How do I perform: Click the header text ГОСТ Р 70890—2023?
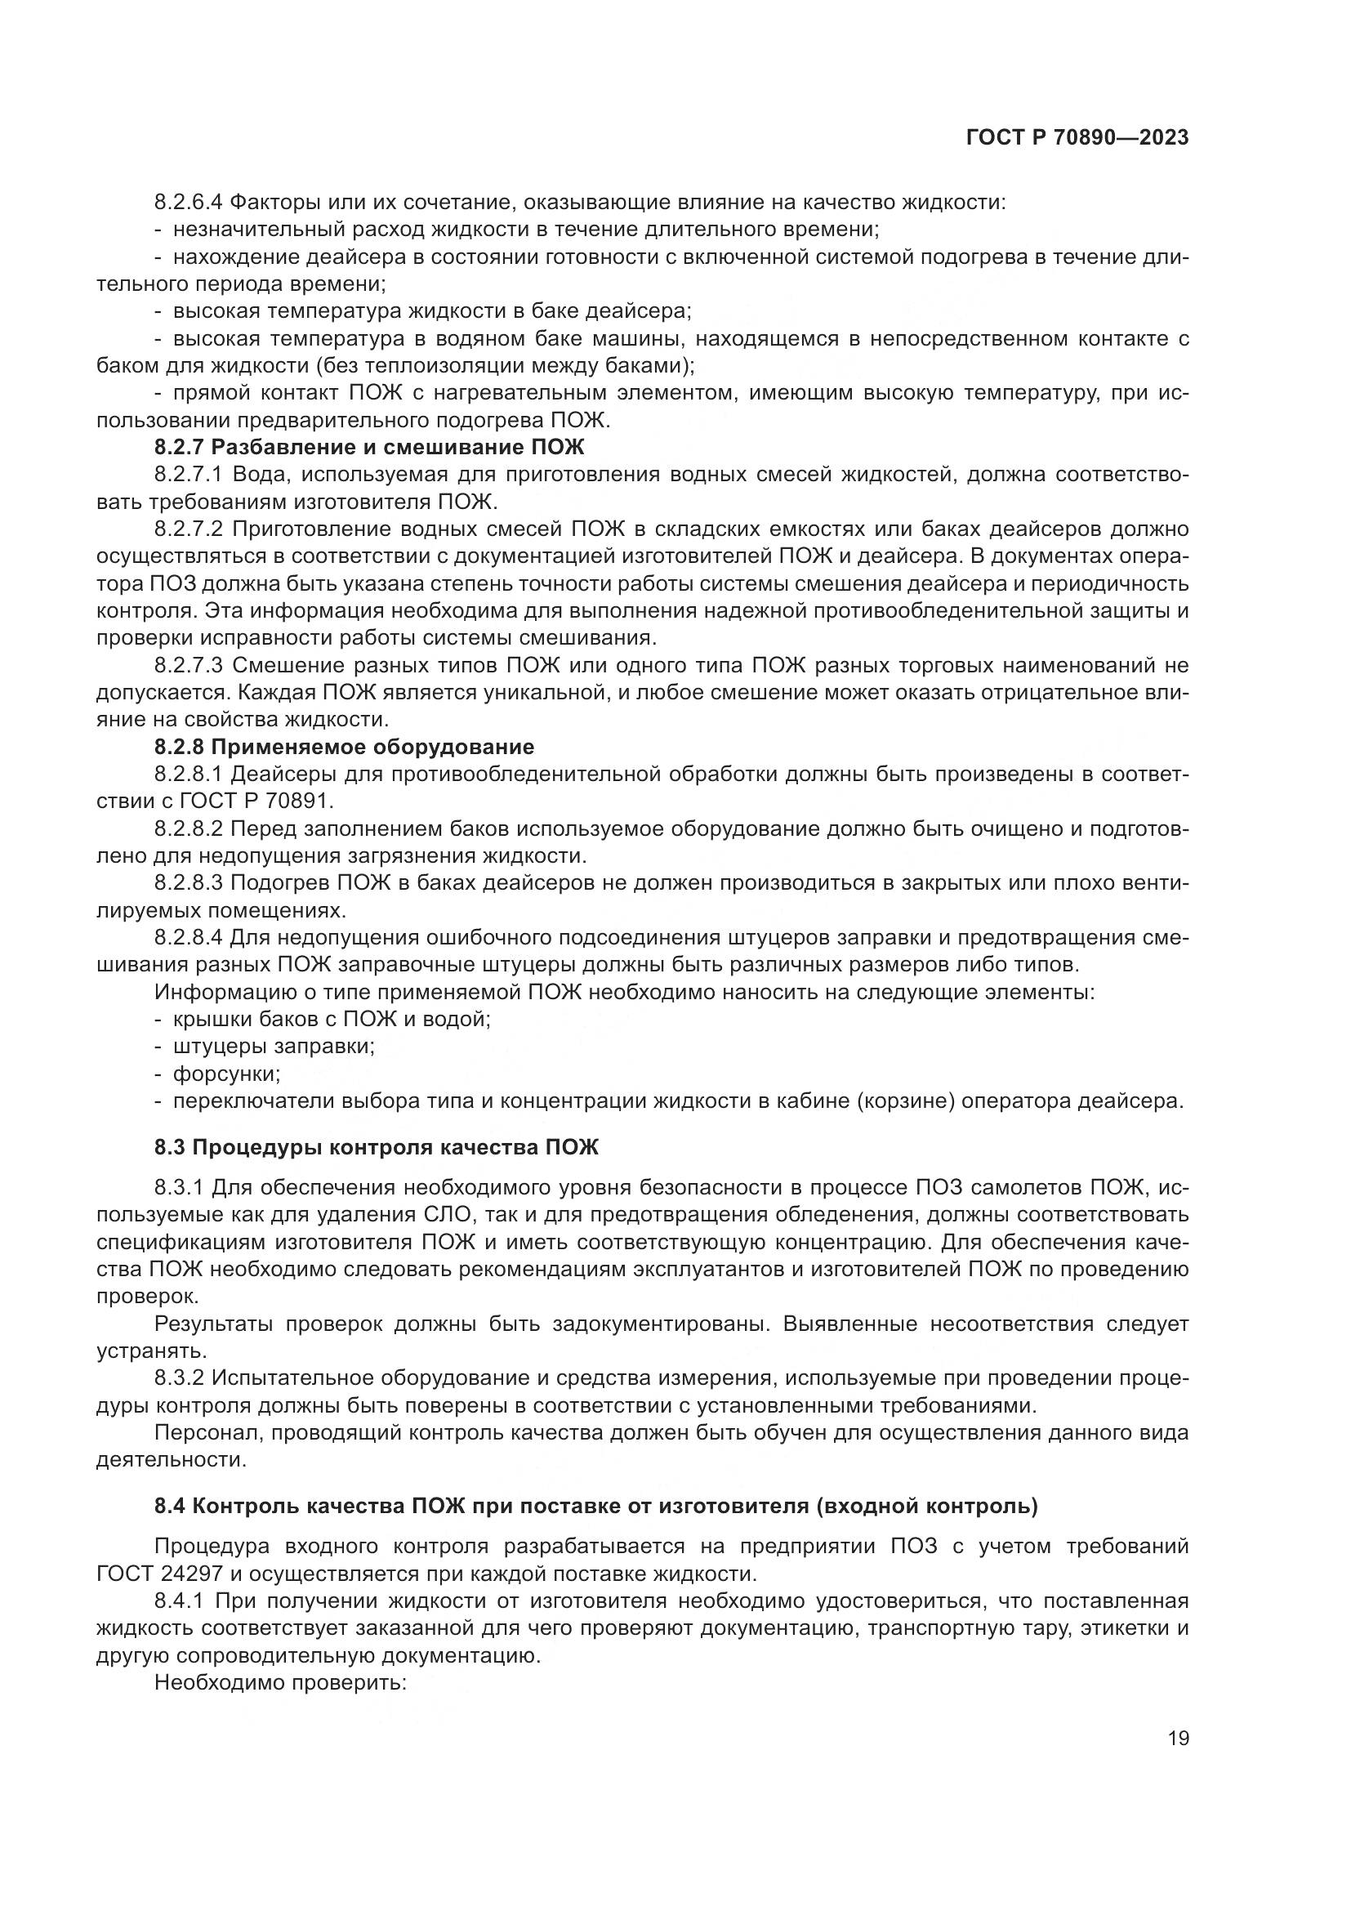point(1077,138)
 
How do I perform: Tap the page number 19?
point(1178,1739)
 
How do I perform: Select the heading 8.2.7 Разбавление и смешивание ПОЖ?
point(369,447)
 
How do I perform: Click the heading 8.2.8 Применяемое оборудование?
point(344,746)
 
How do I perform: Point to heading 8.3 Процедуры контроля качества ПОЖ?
point(376,1148)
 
